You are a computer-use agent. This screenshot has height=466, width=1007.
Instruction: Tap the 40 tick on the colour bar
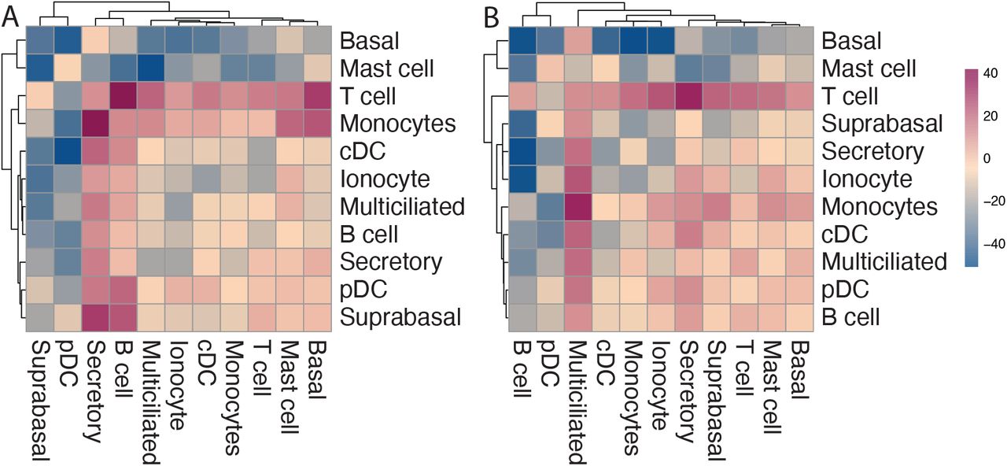tap(990, 73)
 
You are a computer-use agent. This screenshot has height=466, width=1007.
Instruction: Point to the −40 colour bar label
tap(990, 244)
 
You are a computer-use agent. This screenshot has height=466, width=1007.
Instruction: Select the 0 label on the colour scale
tap(987, 158)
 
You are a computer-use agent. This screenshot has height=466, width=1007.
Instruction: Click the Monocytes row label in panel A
tap(398, 124)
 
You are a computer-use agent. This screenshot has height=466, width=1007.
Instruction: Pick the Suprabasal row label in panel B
tap(882, 124)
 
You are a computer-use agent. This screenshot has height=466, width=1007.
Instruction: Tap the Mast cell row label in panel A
tap(387, 68)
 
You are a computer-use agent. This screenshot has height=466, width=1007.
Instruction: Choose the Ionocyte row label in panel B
tap(867, 179)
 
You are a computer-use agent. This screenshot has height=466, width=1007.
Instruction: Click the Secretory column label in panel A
tap(94, 391)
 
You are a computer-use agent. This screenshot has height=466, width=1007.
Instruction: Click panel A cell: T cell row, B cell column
tap(124, 96)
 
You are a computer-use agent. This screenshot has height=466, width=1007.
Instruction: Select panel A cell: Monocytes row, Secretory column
tap(96, 124)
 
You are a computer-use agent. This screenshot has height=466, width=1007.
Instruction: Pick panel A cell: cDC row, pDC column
tap(68, 152)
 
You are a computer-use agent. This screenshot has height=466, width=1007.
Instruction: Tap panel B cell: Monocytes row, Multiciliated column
tap(578, 207)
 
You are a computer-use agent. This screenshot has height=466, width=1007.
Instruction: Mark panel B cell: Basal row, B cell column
tap(522, 41)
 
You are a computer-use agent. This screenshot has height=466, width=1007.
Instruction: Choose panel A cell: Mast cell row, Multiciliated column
tap(151, 68)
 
